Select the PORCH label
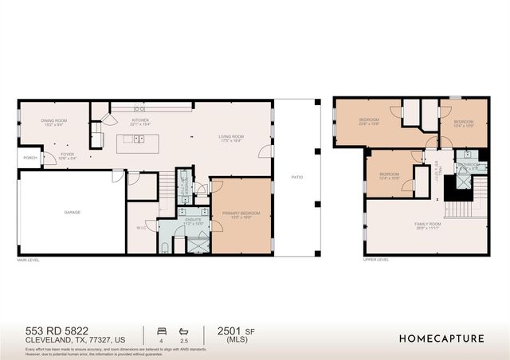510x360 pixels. pos(29,158)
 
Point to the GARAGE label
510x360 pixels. pos(73,212)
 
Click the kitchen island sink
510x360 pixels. pos(137,139)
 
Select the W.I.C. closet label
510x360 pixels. pos(141,228)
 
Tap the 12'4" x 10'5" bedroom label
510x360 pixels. pos(389,175)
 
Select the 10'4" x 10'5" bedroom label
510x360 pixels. pos(464,123)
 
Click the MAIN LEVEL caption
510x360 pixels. pos(29,260)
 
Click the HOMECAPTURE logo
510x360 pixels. pos(441,338)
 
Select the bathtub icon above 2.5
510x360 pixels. pos(185,330)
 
